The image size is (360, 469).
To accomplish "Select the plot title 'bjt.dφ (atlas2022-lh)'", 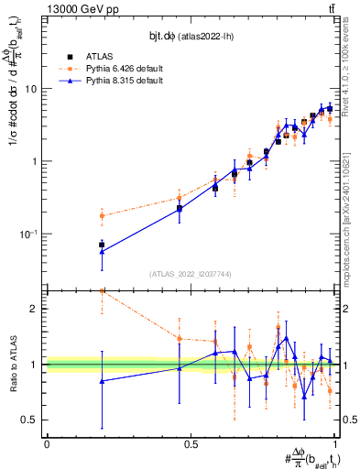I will [191, 35].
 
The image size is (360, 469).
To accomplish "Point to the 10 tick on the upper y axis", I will [33, 90].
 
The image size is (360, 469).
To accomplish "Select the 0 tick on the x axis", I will [47, 442].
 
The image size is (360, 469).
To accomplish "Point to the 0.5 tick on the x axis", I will [191, 442].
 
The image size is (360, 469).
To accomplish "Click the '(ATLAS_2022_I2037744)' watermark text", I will [191, 274].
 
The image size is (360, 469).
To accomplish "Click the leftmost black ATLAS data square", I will [102, 245].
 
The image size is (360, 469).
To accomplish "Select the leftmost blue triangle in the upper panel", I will [102, 252].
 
